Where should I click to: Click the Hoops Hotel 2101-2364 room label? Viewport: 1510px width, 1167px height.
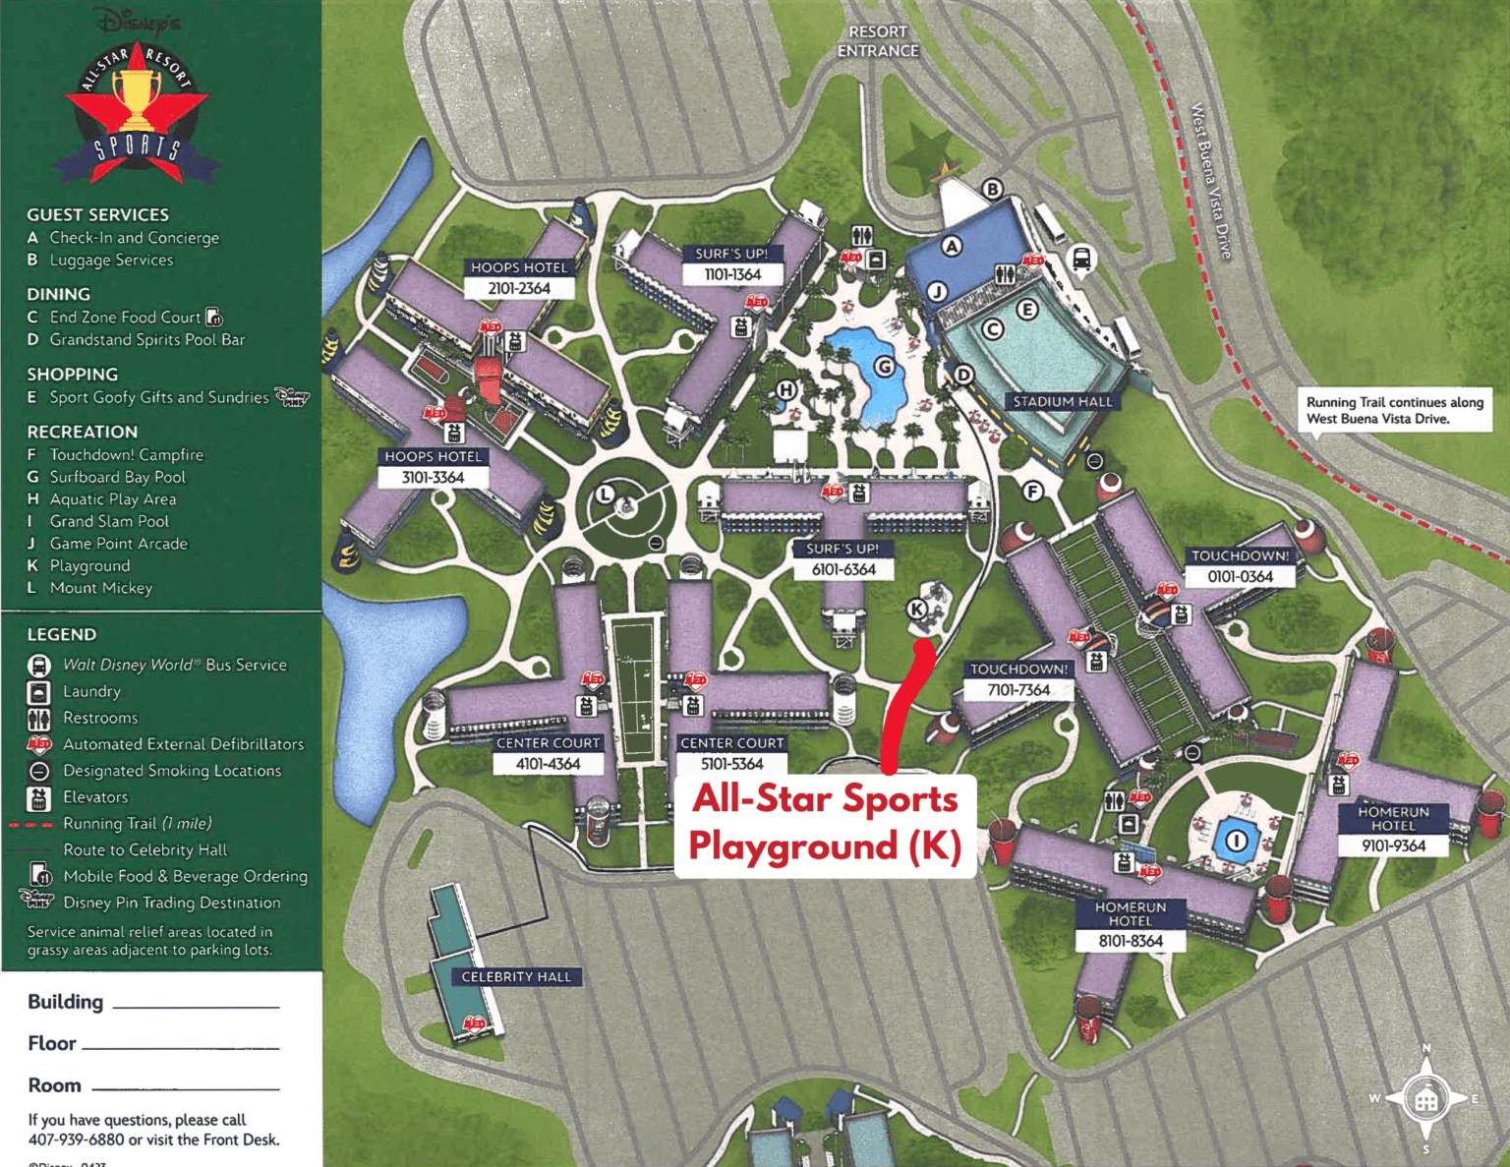[519, 278]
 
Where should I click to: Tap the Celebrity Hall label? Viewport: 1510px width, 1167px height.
[516, 976]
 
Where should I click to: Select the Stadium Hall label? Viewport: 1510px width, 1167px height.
[1063, 401]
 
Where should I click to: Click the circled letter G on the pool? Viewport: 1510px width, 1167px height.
[885, 367]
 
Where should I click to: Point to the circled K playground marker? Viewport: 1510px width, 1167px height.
[917, 609]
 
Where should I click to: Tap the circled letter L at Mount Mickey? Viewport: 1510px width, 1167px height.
[605, 494]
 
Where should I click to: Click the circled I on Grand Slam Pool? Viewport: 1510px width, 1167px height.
[1237, 841]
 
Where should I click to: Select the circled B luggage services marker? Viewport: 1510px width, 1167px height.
[993, 189]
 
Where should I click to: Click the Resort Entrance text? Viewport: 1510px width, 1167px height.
[878, 41]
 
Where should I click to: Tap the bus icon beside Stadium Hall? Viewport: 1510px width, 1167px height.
[1080, 259]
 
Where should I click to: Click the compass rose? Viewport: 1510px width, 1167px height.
[1425, 1098]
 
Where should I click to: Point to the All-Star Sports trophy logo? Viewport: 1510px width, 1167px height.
[136, 108]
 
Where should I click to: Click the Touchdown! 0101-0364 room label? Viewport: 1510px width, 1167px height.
[1241, 566]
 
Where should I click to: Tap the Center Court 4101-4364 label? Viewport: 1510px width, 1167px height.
[548, 754]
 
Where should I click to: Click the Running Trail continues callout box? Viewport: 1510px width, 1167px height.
[1394, 410]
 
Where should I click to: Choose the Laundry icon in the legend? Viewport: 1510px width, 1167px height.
[39, 692]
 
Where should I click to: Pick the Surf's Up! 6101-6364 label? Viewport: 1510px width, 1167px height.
[843, 559]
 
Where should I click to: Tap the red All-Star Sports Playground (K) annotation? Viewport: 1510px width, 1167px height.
[825, 823]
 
